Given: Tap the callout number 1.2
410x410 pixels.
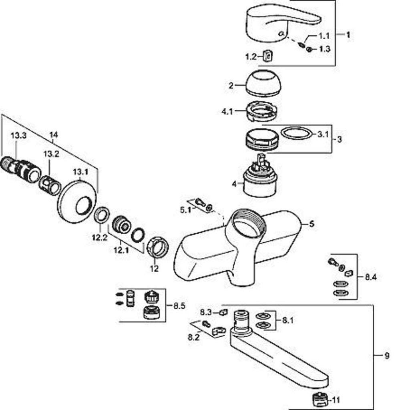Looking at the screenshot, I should (251, 57).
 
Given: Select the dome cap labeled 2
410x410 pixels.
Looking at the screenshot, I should (263, 83).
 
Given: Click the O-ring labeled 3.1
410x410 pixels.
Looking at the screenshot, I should (296, 133).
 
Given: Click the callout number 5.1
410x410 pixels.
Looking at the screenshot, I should (185, 210).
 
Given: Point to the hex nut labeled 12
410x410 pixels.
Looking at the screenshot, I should (158, 248).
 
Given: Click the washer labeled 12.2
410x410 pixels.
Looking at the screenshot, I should (102, 215).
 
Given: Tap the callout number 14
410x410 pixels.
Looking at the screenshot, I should (53, 135).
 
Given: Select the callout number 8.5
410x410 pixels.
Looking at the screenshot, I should (179, 306).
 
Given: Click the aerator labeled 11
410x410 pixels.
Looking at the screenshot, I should (320, 399).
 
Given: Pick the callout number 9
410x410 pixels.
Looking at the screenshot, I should (386, 355).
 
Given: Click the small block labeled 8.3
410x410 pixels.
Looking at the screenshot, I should (223, 312).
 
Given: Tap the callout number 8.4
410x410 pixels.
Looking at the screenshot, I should (371, 277).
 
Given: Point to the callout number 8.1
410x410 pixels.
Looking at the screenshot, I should (287, 320).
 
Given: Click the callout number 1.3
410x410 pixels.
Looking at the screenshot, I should (325, 49).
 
